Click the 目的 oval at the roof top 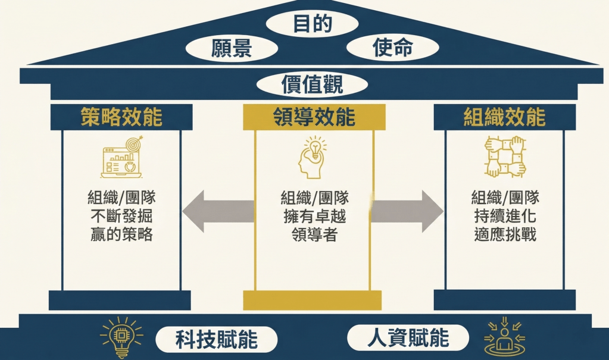312,24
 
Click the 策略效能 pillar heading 121,117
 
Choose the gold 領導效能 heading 314,117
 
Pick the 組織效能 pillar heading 504,117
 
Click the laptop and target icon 121,157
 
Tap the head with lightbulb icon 312,157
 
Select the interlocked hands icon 505,157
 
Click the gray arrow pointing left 218,212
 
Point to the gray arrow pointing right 407,212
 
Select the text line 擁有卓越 314,216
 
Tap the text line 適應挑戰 505,234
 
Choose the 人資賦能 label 408,339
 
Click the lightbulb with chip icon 121,337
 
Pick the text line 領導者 314,234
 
